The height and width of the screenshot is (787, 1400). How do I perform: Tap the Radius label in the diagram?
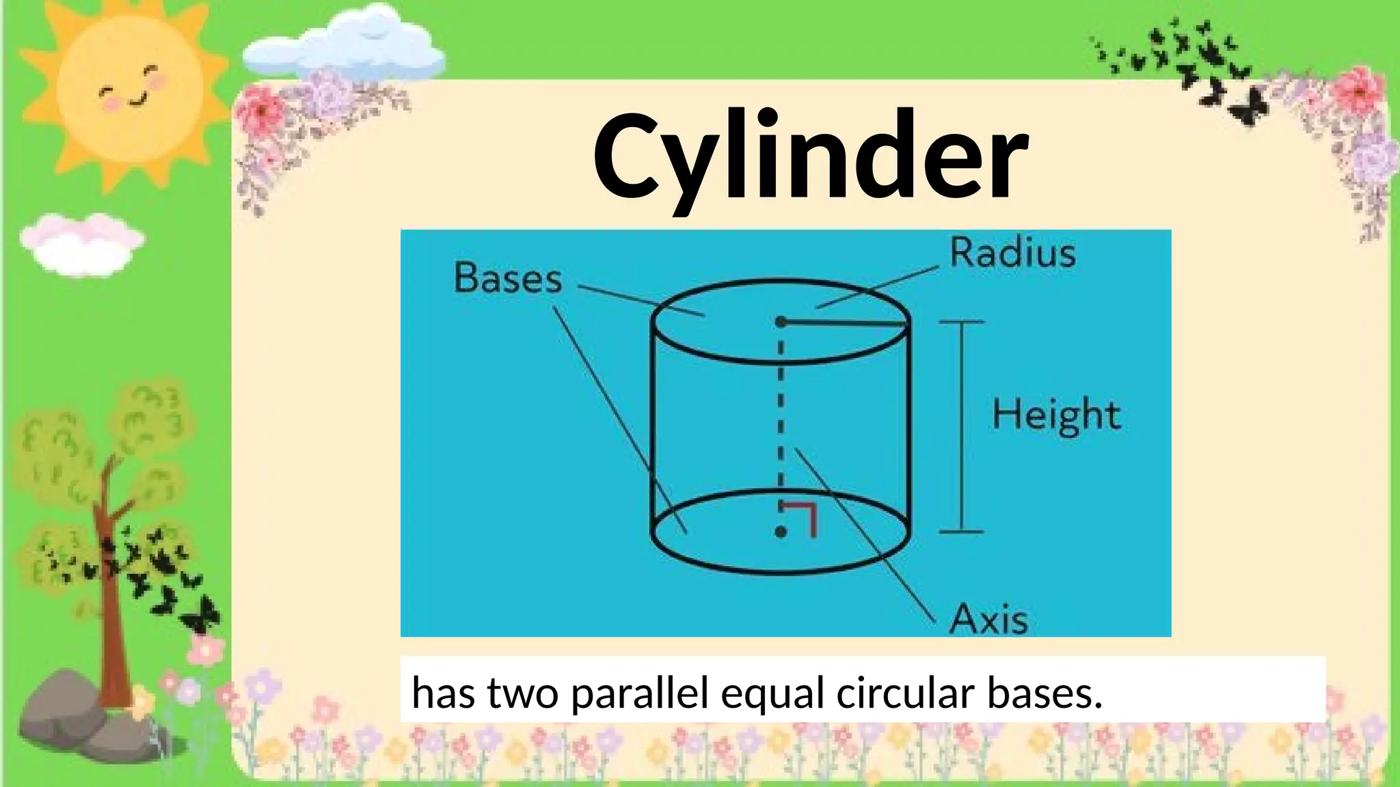tap(1012, 253)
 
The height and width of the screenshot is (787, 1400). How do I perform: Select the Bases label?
tap(507, 279)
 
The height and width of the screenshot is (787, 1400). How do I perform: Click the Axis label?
tap(989, 619)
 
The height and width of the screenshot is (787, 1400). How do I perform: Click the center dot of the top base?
tap(781, 322)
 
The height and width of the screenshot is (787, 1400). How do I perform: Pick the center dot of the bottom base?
tap(781, 532)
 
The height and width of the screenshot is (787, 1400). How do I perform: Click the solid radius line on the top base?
tap(846, 323)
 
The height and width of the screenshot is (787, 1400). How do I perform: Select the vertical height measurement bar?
tap(962, 426)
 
